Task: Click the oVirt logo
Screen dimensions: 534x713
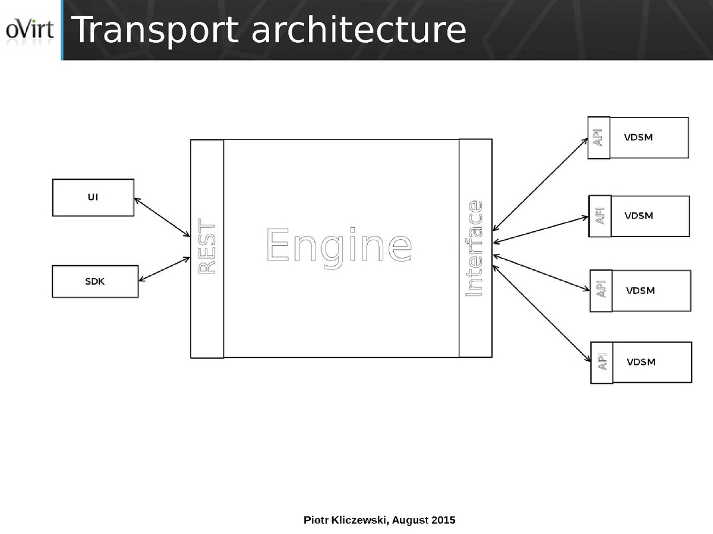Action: pos(30,30)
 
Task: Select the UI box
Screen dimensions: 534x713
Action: pos(93,198)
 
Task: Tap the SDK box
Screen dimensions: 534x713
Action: pos(95,281)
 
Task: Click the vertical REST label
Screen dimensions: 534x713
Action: pos(207,247)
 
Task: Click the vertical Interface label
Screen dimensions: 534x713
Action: pos(475,249)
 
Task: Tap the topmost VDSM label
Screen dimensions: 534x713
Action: pos(638,138)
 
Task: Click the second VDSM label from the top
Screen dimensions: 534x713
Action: pos(639,216)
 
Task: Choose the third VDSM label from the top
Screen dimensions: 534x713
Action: pos(641,291)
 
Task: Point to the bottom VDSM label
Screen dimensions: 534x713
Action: pos(641,362)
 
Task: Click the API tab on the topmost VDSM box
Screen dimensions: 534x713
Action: pos(598,138)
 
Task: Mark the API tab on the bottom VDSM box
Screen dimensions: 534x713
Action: pos(601,362)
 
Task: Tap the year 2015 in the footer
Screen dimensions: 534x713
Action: pos(444,520)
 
